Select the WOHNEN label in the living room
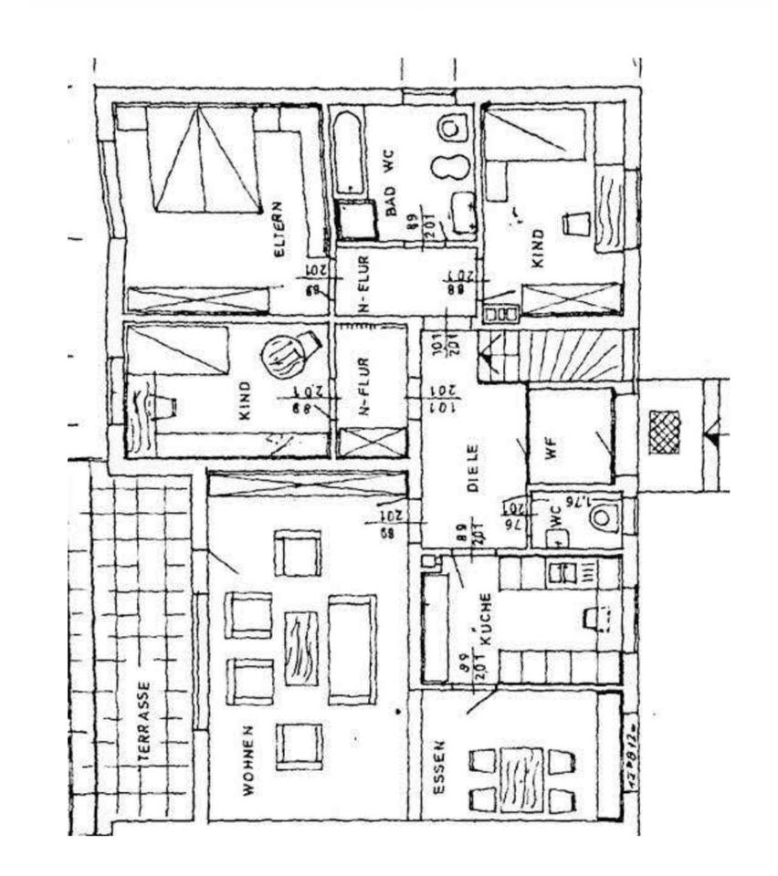tap(248, 758)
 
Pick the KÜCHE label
tap(486, 620)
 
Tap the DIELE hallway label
tap(473, 468)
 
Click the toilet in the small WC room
tap(603, 519)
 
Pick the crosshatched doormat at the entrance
tap(665, 432)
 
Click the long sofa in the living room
tap(352, 649)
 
